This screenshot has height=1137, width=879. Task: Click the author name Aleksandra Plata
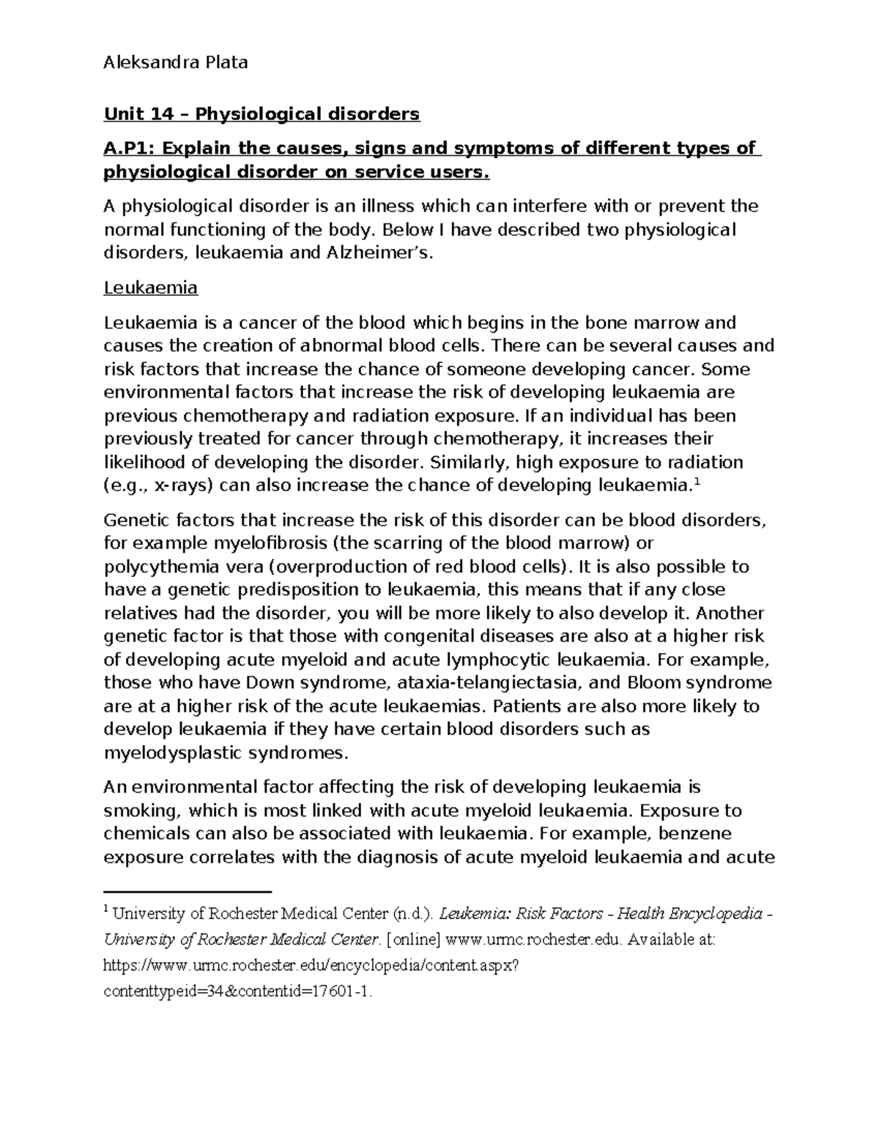click(x=176, y=63)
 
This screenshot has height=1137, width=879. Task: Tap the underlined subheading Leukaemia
click(x=151, y=288)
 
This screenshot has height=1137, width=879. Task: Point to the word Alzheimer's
click(x=383, y=254)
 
